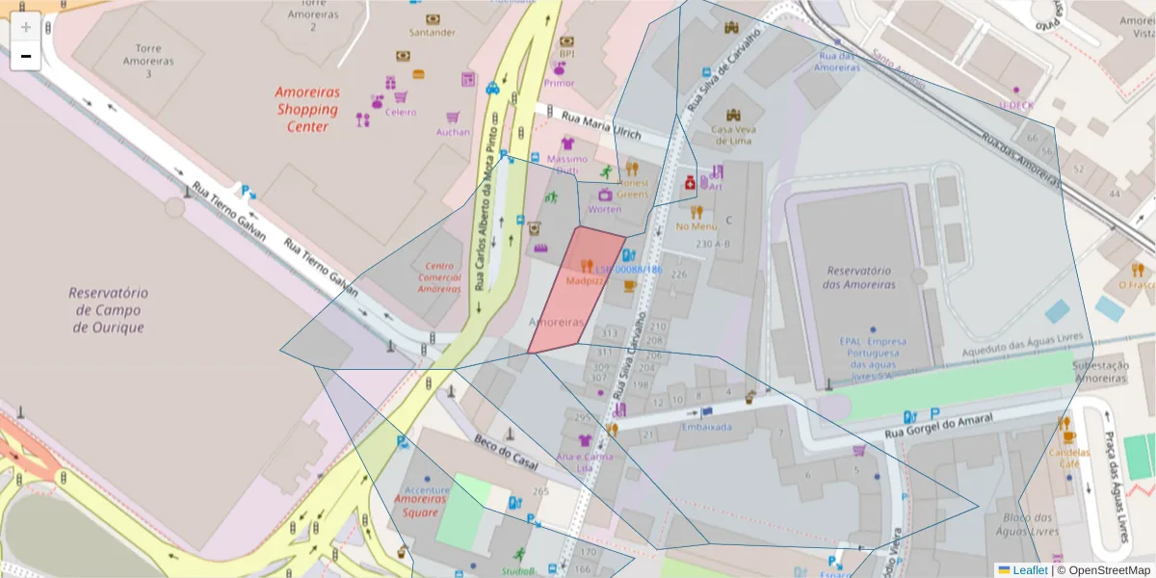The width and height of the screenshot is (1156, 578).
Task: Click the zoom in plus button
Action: pyautogui.click(x=26, y=26)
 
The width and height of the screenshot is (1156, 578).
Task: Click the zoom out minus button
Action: pyautogui.click(x=26, y=56)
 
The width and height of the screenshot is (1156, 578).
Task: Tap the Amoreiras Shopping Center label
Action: pyautogui.click(x=307, y=109)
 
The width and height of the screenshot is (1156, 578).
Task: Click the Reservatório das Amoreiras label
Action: pyautogui.click(x=857, y=277)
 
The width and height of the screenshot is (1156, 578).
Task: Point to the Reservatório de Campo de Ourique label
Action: pyautogui.click(x=108, y=309)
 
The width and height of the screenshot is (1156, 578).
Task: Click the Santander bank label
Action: pyautogui.click(x=433, y=32)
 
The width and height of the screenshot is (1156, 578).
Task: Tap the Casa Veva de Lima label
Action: pyautogui.click(x=730, y=135)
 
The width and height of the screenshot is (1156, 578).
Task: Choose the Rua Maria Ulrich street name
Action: pyautogui.click(x=600, y=123)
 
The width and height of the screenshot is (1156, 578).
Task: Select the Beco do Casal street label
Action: pyautogui.click(x=505, y=448)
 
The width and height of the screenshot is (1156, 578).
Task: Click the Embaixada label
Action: pyautogui.click(x=706, y=427)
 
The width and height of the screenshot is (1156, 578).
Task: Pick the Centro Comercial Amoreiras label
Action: pyautogui.click(x=438, y=277)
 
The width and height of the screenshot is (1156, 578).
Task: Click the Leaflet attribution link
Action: pyautogui.click(x=1029, y=570)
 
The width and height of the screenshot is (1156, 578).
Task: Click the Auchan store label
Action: pyautogui.click(x=453, y=132)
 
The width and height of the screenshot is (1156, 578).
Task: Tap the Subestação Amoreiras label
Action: pyautogui.click(x=1100, y=372)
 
